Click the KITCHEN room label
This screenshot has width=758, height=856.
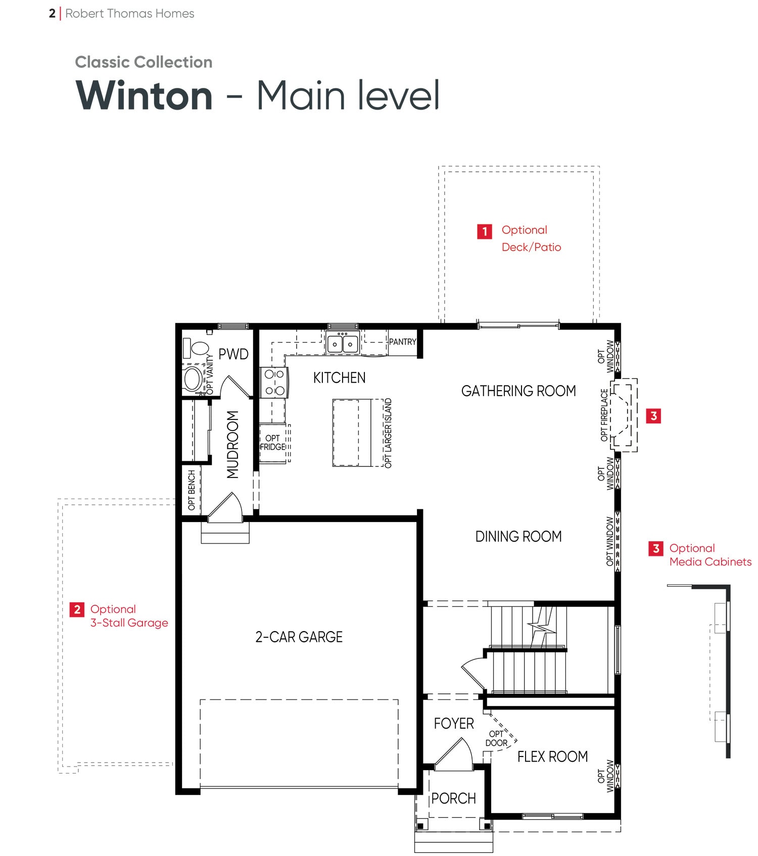(x=339, y=377)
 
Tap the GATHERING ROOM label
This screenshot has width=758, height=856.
(x=518, y=391)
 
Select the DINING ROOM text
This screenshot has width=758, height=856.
(x=518, y=536)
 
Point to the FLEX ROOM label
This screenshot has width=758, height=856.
(x=552, y=756)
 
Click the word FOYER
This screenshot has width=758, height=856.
(x=454, y=724)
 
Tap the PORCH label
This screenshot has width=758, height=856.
(x=454, y=798)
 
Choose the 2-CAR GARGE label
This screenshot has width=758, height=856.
(x=299, y=637)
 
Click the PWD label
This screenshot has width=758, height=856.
(x=233, y=354)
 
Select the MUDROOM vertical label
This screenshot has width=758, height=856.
(x=232, y=444)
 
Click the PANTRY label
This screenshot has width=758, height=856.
(x=403, y=342)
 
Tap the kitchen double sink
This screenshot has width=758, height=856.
(x=343, y=344)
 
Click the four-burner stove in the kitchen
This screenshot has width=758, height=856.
(x=274, y=383)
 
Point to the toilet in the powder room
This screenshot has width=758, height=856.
(x=197, y=348)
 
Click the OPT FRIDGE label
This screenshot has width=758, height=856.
(x=273, y=443)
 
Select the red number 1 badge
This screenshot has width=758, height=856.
(x=485, y=231)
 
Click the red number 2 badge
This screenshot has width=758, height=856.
(x=77, y=609)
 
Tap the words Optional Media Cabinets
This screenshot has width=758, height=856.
(x=710, y=555)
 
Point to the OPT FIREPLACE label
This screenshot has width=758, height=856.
(x=604, y=415)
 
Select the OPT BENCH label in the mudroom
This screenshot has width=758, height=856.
(x=192, y=490)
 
